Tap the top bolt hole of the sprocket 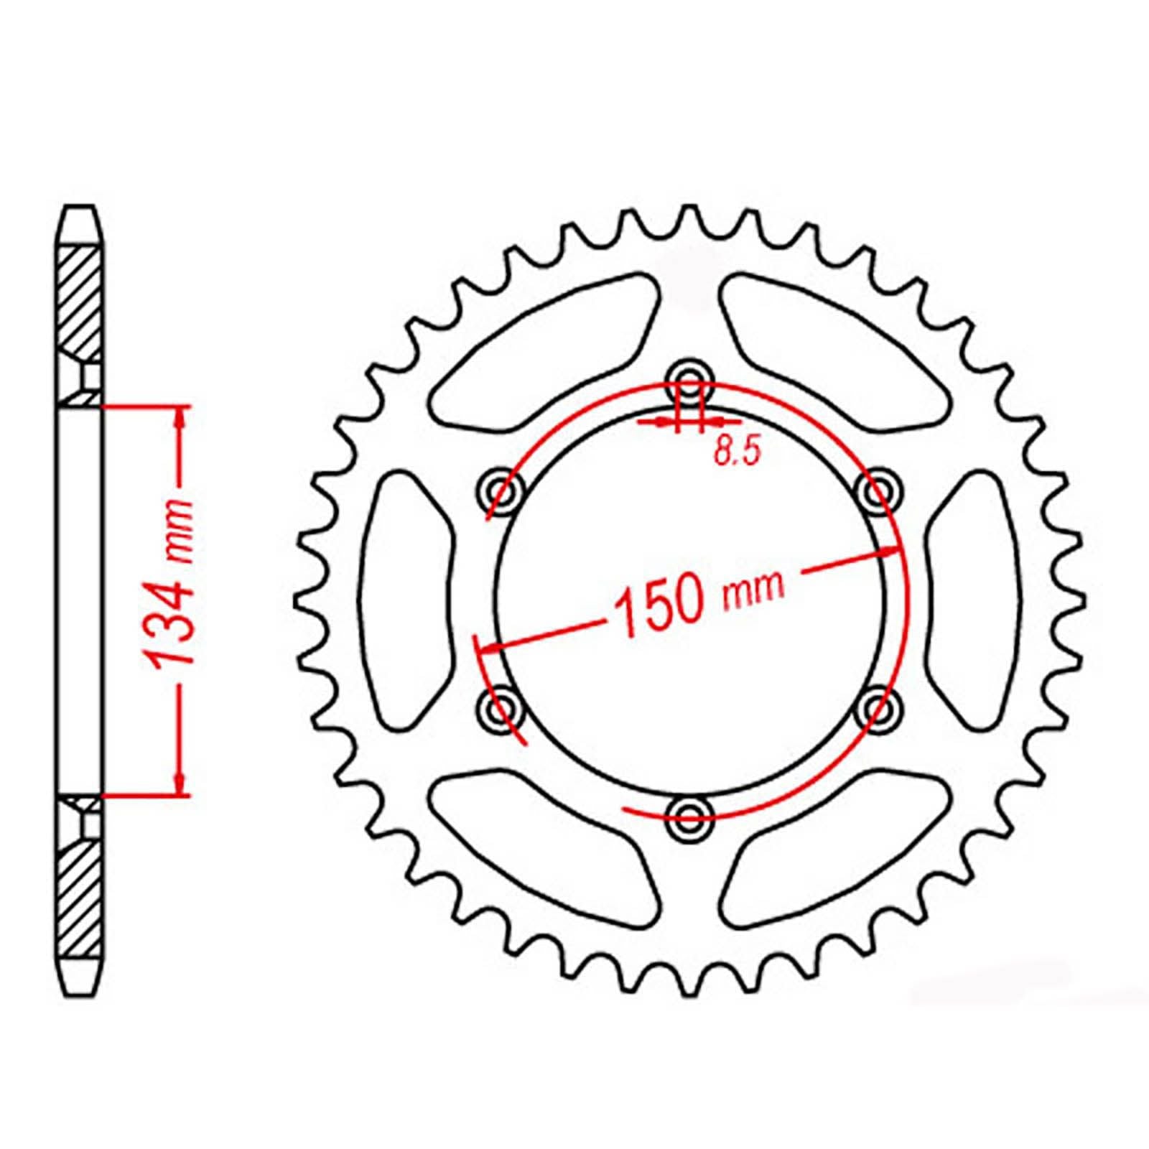pos(689,379)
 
